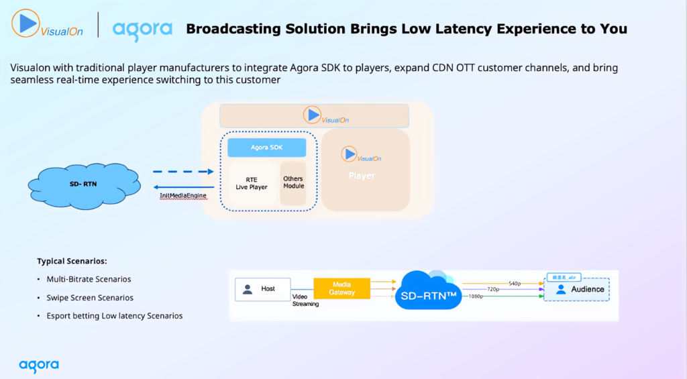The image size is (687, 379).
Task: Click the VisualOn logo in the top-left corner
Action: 46,25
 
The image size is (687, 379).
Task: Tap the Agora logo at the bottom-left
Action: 39,366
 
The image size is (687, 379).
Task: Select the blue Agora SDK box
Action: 266,148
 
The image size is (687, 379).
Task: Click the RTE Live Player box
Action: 252,183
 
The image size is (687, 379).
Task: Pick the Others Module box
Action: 293,183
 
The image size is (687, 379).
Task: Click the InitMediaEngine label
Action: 182,196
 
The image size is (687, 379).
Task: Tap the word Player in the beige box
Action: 362,176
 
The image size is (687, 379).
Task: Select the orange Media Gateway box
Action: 341,288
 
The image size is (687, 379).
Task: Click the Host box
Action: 262,289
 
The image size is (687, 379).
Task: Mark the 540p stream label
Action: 515,284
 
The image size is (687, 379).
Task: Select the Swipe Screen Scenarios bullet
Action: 89,297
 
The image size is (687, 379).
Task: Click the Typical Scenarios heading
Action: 72,261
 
